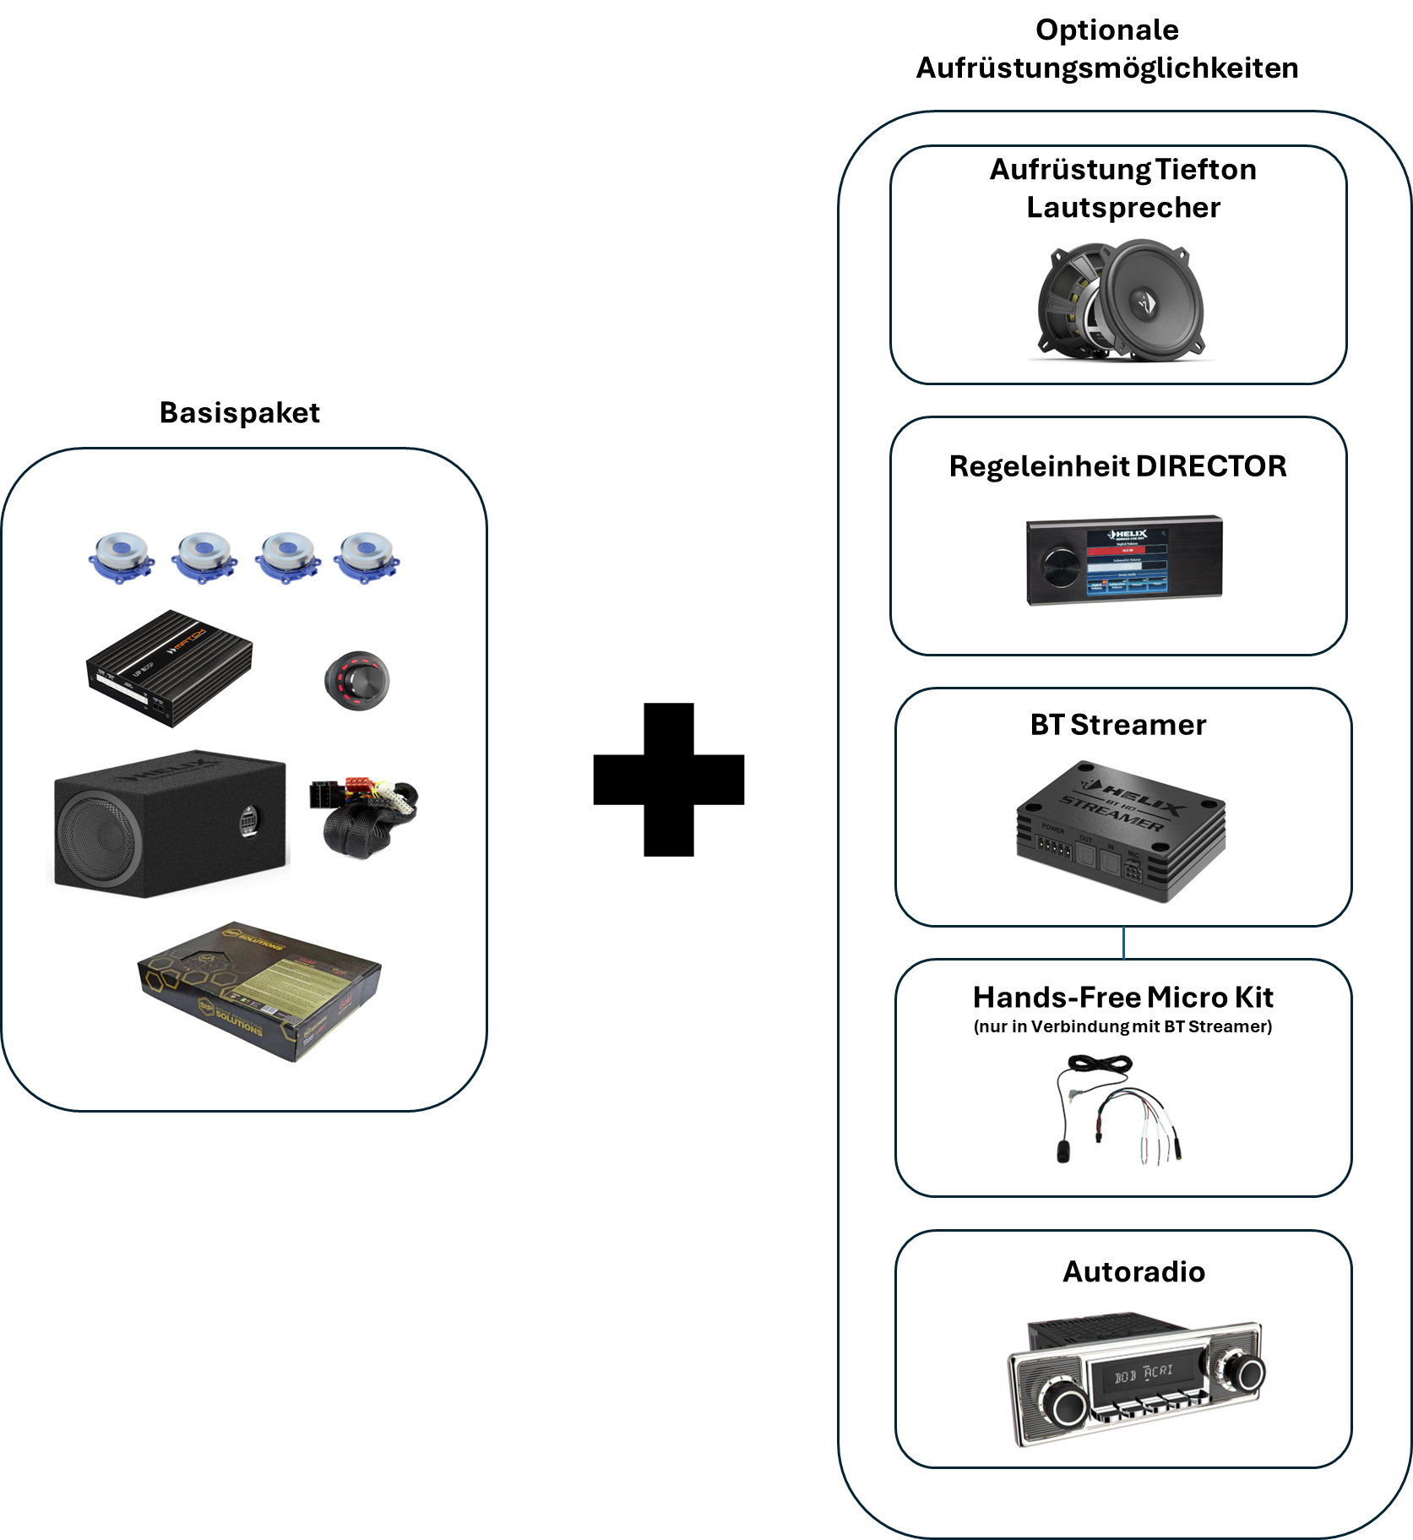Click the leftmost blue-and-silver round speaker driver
point(122,557)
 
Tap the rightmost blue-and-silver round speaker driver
point(367,557)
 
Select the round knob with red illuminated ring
point(356,680)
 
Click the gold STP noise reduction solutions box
point(258,989)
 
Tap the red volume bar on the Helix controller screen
point(1126,550)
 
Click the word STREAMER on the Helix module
point(1111,812)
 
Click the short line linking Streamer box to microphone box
point(1123,942)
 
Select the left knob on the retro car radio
point(1068,1406)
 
